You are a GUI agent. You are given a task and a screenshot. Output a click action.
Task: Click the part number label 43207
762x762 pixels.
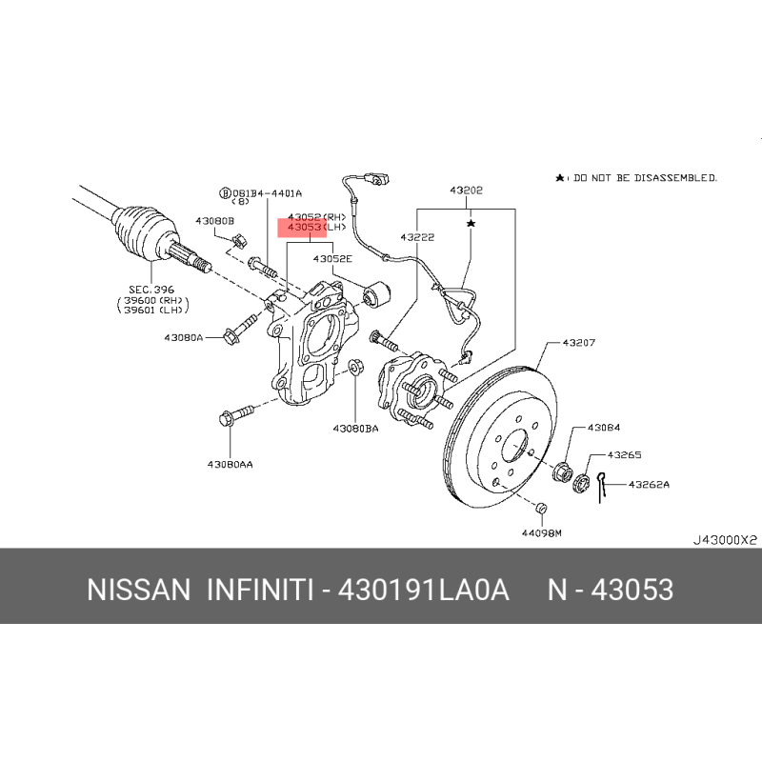point(578,343)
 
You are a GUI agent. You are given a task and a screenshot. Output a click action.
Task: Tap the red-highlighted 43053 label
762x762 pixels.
point(304,227)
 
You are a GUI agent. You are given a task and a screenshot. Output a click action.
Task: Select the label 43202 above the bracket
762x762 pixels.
point(466,190)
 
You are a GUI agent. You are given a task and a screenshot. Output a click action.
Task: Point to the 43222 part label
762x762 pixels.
point(417,237)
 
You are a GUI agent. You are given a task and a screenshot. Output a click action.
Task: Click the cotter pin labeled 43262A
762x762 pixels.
point(602,488)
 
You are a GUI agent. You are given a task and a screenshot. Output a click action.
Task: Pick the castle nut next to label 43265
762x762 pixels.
point(581,483)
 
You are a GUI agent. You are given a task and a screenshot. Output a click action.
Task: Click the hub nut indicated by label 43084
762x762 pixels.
point(563,471)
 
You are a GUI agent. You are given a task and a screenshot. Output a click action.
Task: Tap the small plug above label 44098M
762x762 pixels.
point(541,509)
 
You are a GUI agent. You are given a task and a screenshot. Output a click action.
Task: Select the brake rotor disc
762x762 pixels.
point(501,436)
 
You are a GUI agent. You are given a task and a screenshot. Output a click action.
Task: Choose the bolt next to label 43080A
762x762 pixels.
point(240,330)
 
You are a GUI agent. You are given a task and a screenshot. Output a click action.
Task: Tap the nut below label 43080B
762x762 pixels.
point(239,241)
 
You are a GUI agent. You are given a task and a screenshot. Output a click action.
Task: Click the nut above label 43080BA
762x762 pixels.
point(355,367)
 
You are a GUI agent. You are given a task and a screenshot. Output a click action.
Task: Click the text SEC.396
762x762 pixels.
point(151,290)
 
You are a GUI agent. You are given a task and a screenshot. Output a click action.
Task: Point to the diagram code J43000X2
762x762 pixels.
point(725,540)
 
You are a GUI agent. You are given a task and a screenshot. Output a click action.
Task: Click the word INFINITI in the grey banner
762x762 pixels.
point(260,590)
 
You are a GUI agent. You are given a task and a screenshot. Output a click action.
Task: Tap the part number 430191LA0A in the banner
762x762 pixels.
point(423,590)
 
